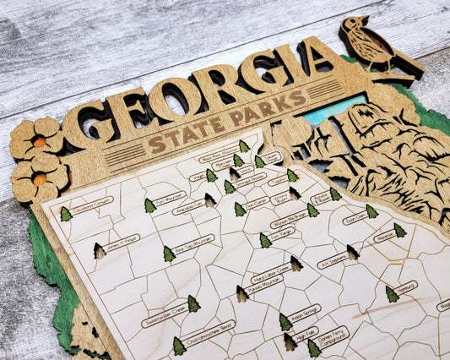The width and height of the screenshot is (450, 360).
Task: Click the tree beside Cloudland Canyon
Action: coord(66,215)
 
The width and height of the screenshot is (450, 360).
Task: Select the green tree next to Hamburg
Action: coord(391,293)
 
